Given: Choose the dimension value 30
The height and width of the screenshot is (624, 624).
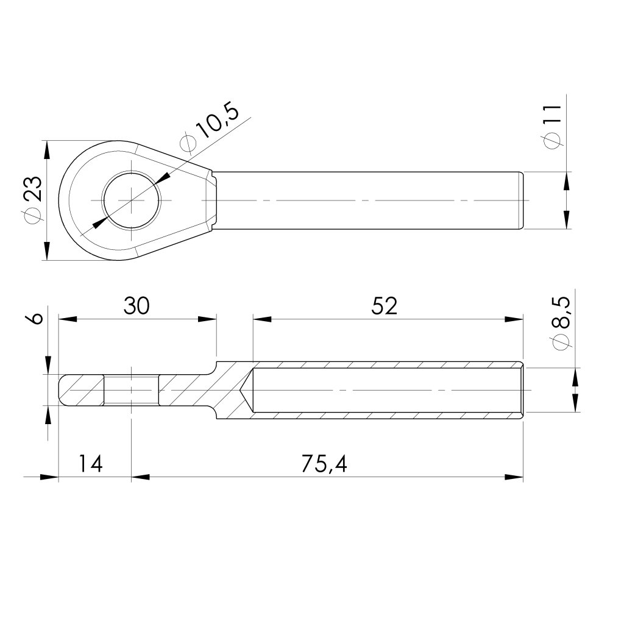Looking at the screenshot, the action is point(136,306).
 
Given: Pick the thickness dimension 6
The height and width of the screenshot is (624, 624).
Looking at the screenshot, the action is point(37,319).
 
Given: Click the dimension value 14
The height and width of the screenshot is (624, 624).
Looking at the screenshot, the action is point(91,464).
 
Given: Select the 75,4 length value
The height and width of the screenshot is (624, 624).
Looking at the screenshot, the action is point(324,464).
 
